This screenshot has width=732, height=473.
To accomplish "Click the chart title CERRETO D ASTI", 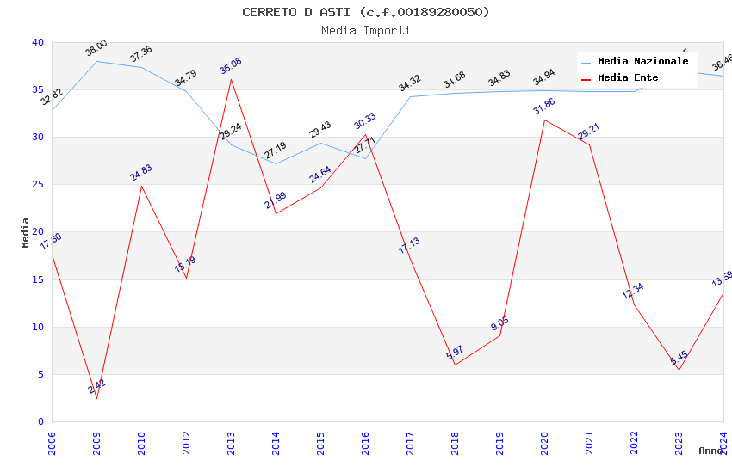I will pyautogui.click(x=366, y=12).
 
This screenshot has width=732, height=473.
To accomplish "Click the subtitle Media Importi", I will pyautogui.click(x=366, y=30).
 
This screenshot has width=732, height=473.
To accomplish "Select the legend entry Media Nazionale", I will pyautogui.click(x=642, y=62).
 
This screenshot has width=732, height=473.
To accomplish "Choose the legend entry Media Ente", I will pyautogui.click(x=628, y=78).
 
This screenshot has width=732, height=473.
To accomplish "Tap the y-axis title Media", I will pyautogui.click(x=26, y=232).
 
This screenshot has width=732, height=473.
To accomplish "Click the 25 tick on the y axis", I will pyautogui.click(x=38, y=185).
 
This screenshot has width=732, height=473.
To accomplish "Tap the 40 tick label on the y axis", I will pyautogui.click(x=38, y=43).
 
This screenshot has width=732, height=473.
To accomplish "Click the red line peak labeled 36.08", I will pyautogui.click(x=231, y=79).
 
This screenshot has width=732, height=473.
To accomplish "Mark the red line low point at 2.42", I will pyautogui.click(x=96, y=398).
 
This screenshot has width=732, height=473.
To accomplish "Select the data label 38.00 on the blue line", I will pyautogui.click(x=96, y=47).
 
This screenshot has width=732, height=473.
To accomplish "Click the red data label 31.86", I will pyautogui.click(x=544, y=106).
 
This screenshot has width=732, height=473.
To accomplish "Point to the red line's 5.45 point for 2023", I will pyautogui.click(x=679, y=370).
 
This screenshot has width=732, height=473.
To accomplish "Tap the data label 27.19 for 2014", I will pyautogui.click(x=276, y=151).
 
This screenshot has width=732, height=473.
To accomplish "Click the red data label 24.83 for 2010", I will pyautogui.click(x=141, y=172).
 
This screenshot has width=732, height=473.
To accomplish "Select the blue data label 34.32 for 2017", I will pyautogui.click(x=410, y=83).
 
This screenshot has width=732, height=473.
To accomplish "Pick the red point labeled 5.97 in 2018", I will pyautogui.click(x=455, y=365).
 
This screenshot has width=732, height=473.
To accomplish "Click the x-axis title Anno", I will pyautogui.click(x=710, y=451).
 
